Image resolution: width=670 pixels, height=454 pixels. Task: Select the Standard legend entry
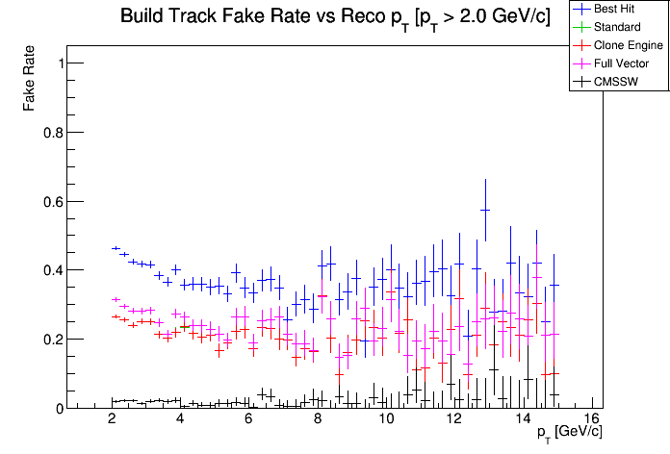[x=617, y=27]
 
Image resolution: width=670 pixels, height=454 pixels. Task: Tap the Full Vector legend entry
[x=622, y=63]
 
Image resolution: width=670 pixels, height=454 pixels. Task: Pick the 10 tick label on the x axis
[x=386, y=419]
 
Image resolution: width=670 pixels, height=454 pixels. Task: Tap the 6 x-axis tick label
[x=249, y=419]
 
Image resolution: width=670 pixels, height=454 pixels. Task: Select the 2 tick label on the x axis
[x=113, y=419]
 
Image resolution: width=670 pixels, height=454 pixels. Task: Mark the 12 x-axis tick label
[x=454, y=419]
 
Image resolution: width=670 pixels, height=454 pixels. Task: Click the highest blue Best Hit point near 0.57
[x=485, y=210]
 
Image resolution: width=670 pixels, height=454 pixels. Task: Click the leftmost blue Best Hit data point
[x=116, y=248]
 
